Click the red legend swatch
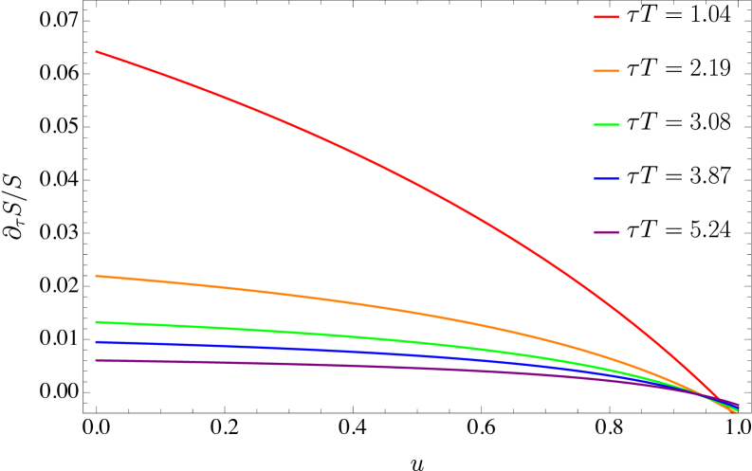pos(606,17)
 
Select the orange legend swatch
pos(606,71)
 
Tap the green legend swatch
pos(606,124)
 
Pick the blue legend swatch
pos(606,178)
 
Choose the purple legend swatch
pos(606,232)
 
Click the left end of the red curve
pos(96,51)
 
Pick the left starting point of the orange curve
pos(96,276)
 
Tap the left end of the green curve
pos(96,322)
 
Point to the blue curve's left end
pos(96,342)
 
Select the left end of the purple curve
pos(96,360)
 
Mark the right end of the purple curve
pos(738,405)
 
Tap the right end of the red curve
pos(737,412)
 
